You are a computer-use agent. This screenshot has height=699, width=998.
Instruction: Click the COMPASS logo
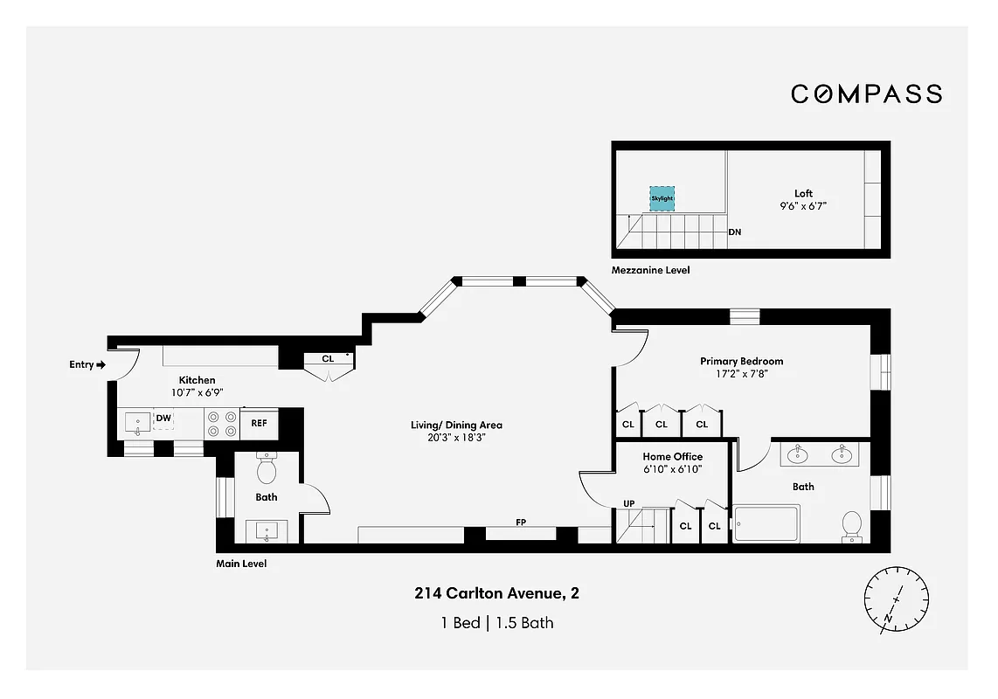pos(866,93)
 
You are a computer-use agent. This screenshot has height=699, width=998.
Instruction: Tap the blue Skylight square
pos(662,198)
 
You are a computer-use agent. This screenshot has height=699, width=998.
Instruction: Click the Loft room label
pos(803,193)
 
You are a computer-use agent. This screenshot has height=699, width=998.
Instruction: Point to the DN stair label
pos(735,232)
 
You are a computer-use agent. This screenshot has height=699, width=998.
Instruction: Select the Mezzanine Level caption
pos(651,271)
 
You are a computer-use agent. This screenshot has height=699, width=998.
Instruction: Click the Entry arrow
pos(100,364)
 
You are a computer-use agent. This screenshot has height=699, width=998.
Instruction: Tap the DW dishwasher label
pos(163,419)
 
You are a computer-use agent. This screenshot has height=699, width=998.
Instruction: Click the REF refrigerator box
pos(260,423)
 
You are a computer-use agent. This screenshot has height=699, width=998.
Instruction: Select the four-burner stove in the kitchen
pos(221,424)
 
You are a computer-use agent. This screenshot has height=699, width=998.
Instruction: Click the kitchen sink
pos(137,425)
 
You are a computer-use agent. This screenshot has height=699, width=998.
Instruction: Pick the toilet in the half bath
pos(267,470)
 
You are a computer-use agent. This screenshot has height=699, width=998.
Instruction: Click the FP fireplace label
pos(521,523)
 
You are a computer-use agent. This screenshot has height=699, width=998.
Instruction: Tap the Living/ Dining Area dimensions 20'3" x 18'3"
pos(456,439)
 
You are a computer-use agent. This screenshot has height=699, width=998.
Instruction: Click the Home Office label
pos(672,456)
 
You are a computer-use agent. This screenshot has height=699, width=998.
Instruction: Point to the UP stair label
pos(628,503)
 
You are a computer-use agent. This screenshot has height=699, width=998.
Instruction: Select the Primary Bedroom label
pos(741,361)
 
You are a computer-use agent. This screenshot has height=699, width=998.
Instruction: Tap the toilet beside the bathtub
pos(851,525)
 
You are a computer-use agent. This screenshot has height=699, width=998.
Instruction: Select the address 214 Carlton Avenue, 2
pos(496,594)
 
